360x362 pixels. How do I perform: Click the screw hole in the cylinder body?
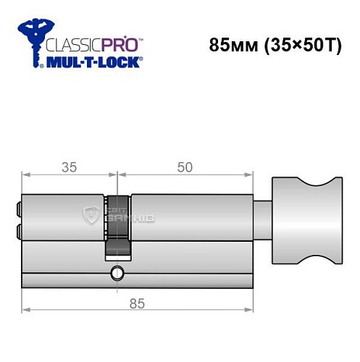pyautogui.click(x=116, y=274)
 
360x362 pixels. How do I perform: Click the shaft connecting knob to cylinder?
pyautogui.click(x=262, y=216)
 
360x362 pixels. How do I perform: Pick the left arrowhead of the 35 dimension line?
pyautogui.click(x=25, y=174)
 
